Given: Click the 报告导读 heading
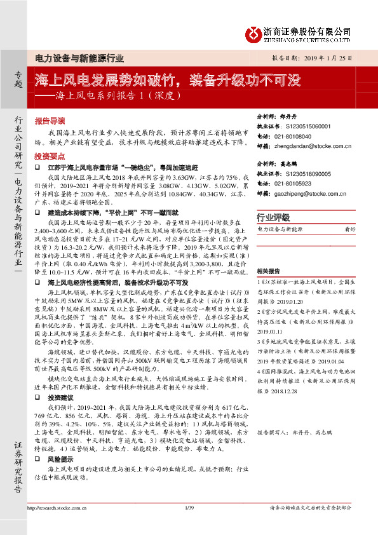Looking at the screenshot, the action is [x=50, y=119].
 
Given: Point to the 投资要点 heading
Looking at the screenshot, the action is [x=50, y=155].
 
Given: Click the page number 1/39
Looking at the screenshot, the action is [x=188, y=507].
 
